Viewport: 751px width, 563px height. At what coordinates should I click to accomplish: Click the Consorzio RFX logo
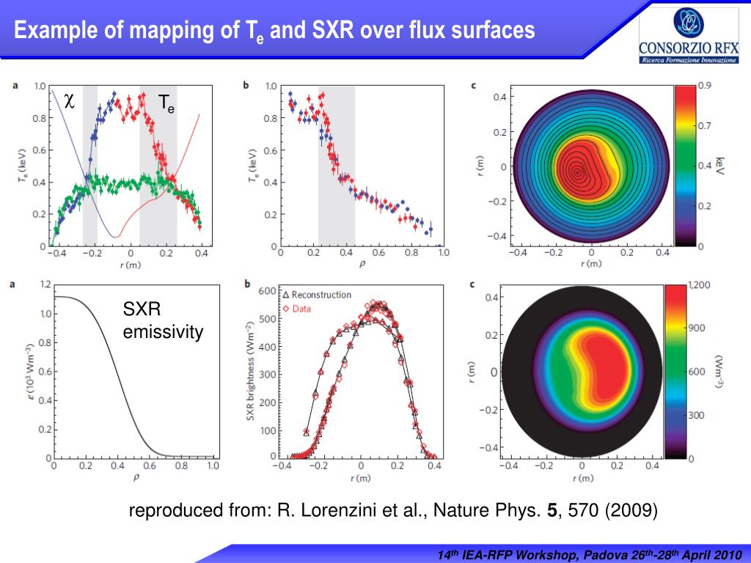coord(689,37)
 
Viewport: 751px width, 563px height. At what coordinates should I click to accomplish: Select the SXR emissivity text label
coord(162,322)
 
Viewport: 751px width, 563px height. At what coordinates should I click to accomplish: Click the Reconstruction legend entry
coord(317,295)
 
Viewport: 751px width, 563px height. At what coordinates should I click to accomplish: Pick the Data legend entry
coord(301,309)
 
